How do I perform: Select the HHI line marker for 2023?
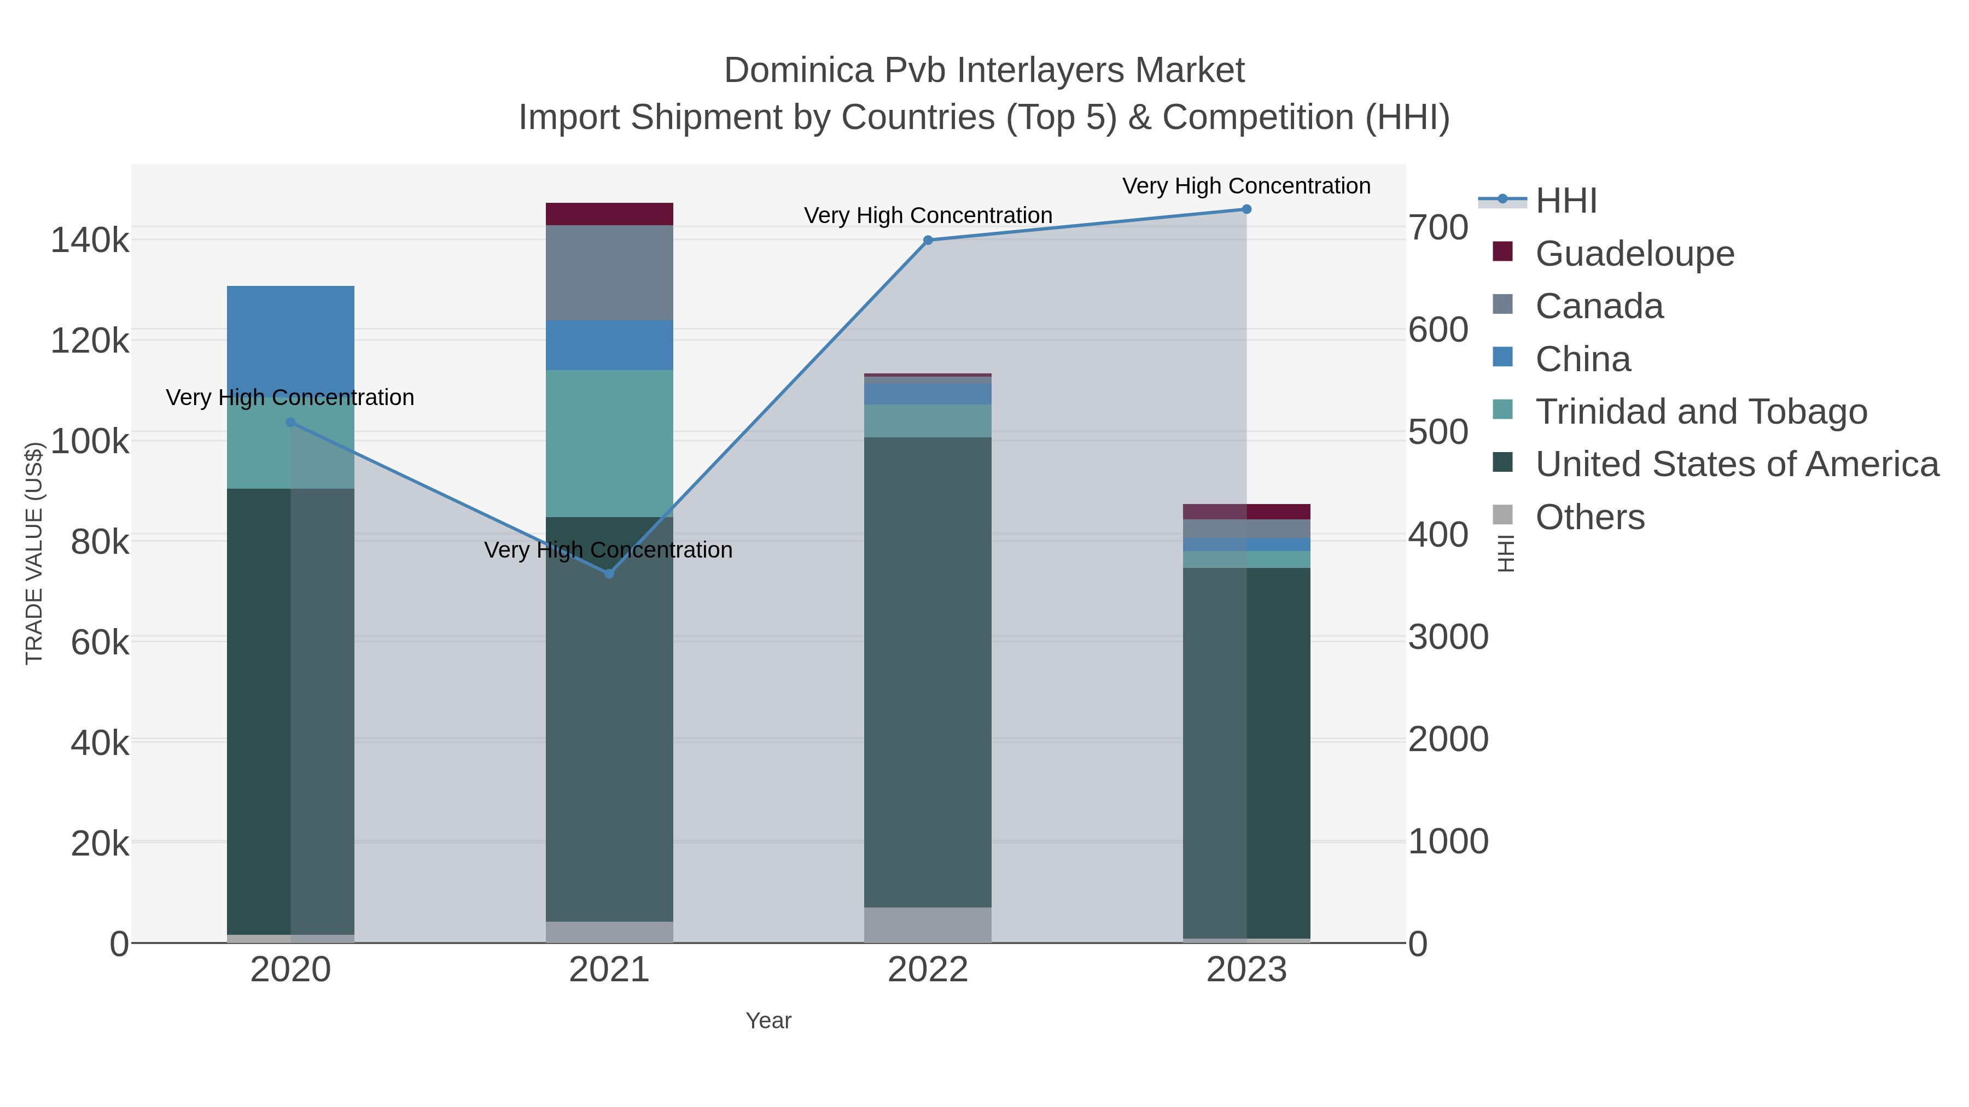coord(1246,209)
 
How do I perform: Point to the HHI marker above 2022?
coord(928,240)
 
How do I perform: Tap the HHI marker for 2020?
coord(290,423)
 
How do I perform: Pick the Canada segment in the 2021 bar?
coord(609,273)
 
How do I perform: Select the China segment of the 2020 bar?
coord(290,336)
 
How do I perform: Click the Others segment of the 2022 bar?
coord(928,924)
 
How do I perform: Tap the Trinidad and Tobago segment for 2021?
coord(609,443)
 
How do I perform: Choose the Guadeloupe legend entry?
coord(1634,254)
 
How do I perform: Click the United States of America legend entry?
coord(1737,465)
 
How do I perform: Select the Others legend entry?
coord(1590,517)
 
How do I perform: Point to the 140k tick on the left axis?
coord(90,241)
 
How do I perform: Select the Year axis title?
coord(768,1021)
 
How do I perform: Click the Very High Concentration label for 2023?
coord(1246,186)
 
